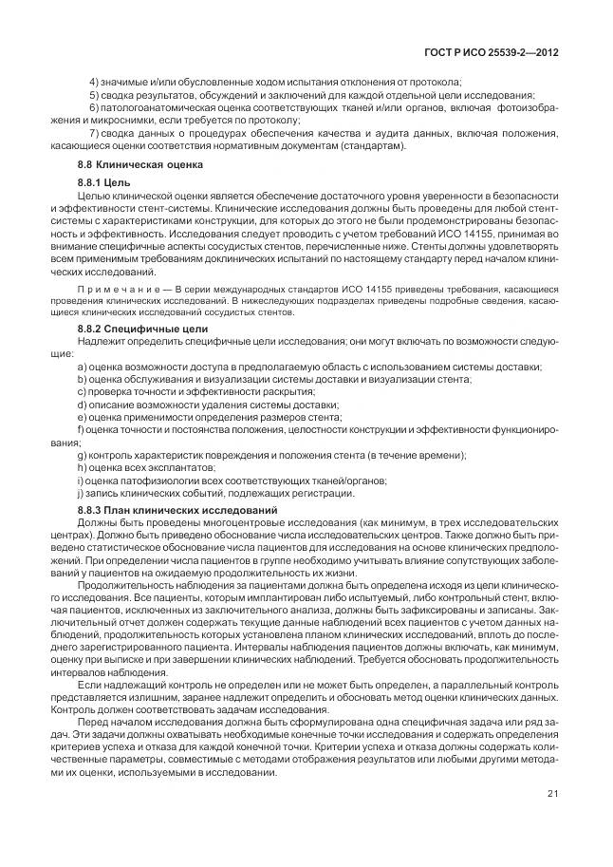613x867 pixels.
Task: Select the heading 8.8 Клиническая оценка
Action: click(139, 164)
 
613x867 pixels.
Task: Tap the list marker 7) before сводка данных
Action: click(94, 135)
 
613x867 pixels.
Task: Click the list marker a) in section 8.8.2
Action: click(83, 366)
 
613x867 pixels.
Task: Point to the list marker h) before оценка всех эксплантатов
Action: click(83, 466)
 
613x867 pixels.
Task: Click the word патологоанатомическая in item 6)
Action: click(156, 108)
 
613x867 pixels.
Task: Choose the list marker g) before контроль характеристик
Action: click(83, 454)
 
